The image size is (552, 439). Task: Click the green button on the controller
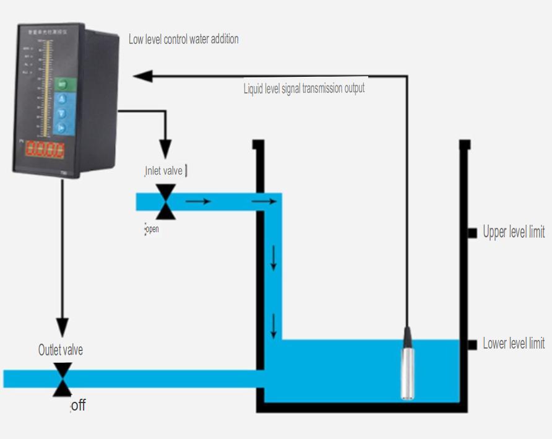point(62,84)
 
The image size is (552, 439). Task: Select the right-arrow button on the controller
point(61,128)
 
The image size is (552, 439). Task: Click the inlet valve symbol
point(165,201)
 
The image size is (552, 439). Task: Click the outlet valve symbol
point(62,379)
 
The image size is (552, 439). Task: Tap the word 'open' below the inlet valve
point(152,229)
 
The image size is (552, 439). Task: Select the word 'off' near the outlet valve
point(78,406)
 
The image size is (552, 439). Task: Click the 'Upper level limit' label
point(514,232)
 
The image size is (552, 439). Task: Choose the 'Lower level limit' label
point(514,344)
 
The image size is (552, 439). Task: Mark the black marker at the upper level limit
point(471,232)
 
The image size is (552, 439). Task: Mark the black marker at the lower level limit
point(471,344)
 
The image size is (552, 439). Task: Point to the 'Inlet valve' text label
point(164,170)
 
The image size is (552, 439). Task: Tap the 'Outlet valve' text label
point(61,350)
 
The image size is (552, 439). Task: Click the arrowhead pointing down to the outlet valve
point(62,328)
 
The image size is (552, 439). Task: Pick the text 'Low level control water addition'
point(183,39)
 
